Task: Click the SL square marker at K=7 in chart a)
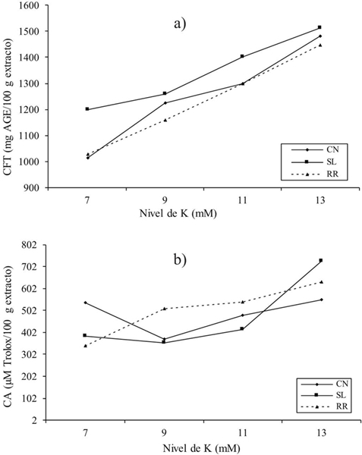point(87,109)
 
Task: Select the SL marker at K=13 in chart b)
point(320,261)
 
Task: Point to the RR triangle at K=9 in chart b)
point(163,309)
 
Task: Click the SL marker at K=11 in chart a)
point(242,56)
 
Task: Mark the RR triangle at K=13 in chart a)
point(320,45)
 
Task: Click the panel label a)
point(179,23)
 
